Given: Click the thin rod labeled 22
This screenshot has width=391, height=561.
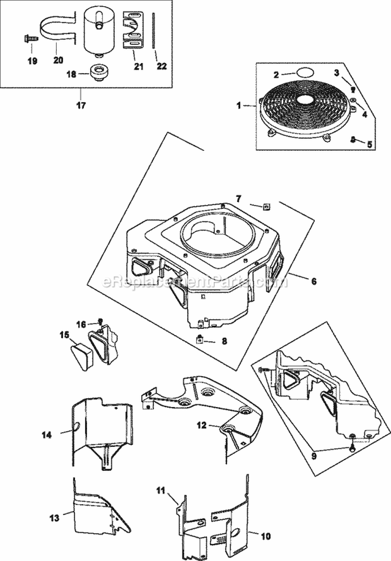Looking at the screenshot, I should click(x=154, y=31).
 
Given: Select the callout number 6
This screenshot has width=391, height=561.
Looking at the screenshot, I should click(x=313, y=281).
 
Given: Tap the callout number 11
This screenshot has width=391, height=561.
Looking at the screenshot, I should click(x=162, y=490).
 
